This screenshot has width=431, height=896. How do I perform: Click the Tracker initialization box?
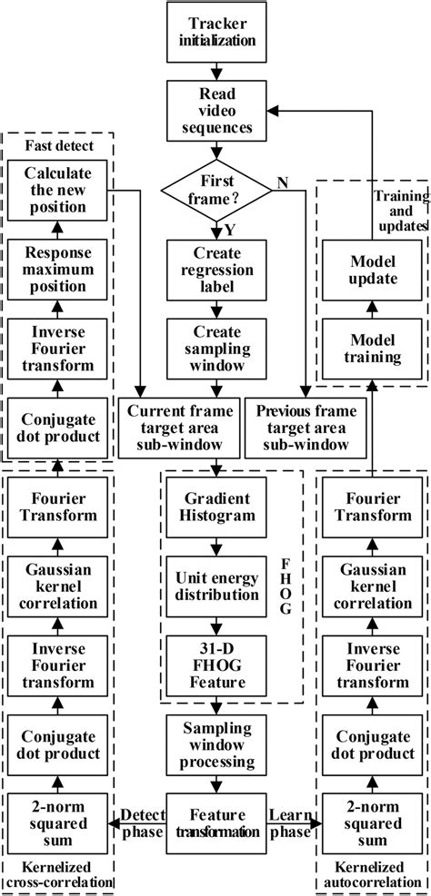(215, 31)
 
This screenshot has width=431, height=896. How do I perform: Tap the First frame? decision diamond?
(215, 190)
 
